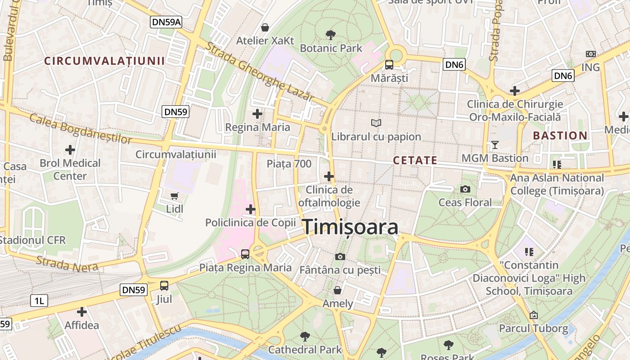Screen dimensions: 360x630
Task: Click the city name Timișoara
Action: (350, 227)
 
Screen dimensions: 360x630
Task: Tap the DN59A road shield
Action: (166, 22)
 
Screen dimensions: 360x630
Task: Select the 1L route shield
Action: (39, 301)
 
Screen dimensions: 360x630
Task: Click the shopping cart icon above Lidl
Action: (175, 196)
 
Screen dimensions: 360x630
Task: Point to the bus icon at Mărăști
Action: (389, 65)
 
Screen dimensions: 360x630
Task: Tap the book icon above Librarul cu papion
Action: (376, 123)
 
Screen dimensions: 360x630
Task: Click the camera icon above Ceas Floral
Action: (465, 189)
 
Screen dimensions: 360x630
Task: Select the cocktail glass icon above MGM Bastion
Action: (495, 145)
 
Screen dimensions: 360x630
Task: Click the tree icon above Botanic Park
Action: (331, 35)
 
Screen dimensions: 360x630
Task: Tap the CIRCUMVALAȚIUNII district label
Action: (105, 61)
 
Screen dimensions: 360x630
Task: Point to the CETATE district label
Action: (415, 160)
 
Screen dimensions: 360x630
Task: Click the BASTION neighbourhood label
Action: (560, 135)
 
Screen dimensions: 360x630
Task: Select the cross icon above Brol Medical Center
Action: (70, 149)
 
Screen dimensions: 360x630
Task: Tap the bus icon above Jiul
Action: (164, 285)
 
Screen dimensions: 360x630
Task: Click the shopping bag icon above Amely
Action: (337, 290)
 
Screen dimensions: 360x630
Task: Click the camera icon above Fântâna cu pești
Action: (340, 256)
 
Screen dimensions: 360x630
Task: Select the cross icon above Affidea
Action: (81, 311)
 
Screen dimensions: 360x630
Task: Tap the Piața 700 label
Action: (289, 164)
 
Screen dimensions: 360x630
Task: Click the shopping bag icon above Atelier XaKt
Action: (265, 27)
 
